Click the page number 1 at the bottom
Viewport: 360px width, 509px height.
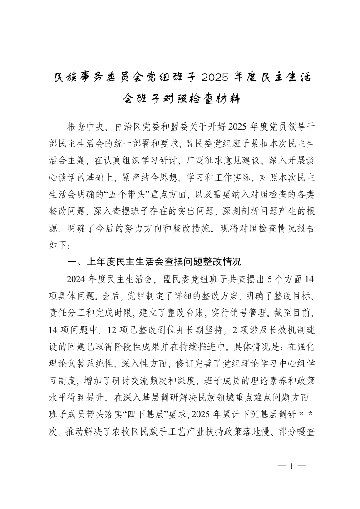pos(292,466)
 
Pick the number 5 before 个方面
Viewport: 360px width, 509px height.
pos(268,278)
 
